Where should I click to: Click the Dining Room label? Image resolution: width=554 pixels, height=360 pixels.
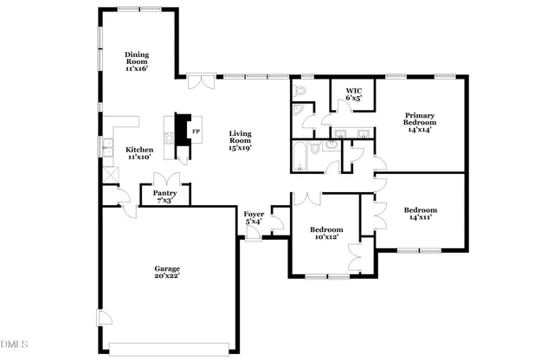coord(137,62)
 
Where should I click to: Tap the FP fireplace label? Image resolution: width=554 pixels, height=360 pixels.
coord(196,132)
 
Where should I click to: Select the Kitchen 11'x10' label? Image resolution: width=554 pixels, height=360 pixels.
coord(139,153)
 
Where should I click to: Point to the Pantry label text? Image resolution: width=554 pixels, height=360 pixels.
coord(164,196)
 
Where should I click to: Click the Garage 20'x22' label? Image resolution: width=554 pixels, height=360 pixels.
coord(167,273)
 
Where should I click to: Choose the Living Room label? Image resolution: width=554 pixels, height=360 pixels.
coord(240,140)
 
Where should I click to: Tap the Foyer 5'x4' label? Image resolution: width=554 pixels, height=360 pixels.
coord(254,217)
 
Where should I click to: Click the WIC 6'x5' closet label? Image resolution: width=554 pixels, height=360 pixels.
coord(353,94)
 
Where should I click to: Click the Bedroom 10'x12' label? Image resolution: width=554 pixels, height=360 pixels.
coord(326,234)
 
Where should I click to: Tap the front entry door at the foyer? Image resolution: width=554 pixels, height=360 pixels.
coord(252,232)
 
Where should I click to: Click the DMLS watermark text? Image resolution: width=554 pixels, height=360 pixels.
coord(15,344)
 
